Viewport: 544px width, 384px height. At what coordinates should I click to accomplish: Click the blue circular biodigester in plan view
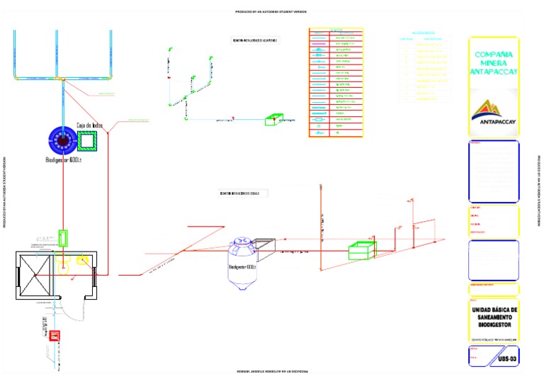(x=63, y=140)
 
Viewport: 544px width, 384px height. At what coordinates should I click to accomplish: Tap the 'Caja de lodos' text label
(x=89, y=126)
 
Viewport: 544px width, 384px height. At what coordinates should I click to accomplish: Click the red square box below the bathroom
(x=52, y=336)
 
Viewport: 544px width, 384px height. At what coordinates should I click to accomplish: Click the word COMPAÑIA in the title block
(x=494, y=55)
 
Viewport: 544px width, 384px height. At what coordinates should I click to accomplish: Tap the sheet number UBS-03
(x=508, y=359)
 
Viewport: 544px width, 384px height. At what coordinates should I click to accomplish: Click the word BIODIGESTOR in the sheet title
(x=494, y=328)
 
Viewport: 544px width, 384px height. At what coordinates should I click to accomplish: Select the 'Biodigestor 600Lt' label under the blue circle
(x=65, y=160)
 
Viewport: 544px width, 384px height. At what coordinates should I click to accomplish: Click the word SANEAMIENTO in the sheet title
(x=494, y=319)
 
